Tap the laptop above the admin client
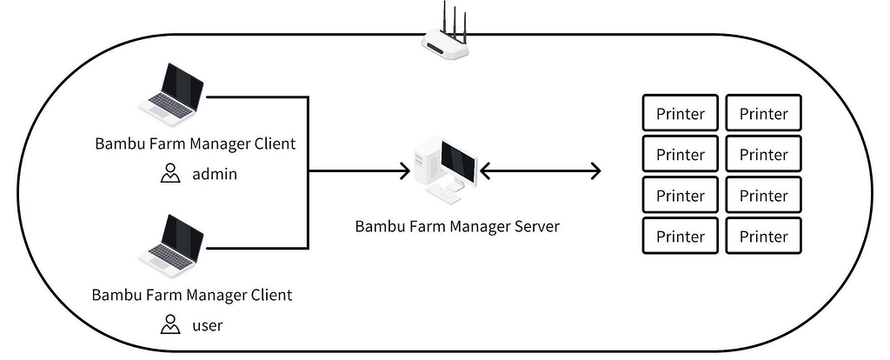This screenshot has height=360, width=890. (x=171, y=96)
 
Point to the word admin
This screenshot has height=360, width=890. (x=215, y=174)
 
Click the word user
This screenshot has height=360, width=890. (x=208, y=326)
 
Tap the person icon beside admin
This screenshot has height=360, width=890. (x=170, y=174)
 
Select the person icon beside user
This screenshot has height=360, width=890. (x=170, y=326)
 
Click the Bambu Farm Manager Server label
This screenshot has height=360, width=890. (x=457, y=226)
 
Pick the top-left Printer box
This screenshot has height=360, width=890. (x=680, y=114)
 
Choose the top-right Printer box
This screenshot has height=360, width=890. (x=763, y=114)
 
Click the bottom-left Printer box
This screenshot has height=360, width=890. (x=680, y=237)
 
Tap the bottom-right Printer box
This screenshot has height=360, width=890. (x=763, y=237)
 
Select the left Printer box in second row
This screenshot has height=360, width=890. (x=680, y=155)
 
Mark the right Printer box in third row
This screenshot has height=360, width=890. (x=763, y=196)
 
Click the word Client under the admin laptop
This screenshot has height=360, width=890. (x=272, y=143)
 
